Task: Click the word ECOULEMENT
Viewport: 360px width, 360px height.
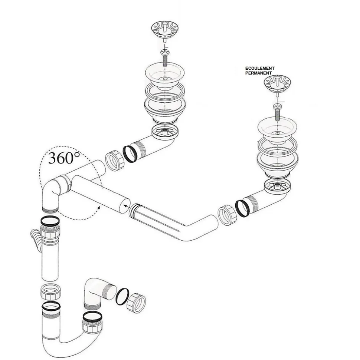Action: pos(260,68)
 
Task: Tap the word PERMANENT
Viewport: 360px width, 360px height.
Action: pos(258,73)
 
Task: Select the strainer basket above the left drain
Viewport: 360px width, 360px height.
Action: pos(165,30)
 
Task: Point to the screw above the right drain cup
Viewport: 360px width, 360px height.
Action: pos(277,112)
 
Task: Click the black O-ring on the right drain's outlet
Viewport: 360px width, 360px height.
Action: pos(242,208)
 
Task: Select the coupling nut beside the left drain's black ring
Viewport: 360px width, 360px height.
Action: pos(115,160)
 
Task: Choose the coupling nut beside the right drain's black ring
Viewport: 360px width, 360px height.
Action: pos(227,215)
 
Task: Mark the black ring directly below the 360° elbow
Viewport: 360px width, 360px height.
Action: pos(50,221)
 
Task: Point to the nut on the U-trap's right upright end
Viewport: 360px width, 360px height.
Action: pos(92,326)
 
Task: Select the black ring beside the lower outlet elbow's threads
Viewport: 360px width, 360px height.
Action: pos(122,296)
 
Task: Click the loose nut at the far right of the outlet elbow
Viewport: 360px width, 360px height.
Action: pos(136,303)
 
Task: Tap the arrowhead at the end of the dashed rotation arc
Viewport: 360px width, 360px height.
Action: pos(98,208)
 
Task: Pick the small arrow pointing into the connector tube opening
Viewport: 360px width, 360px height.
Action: pos(127,206)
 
